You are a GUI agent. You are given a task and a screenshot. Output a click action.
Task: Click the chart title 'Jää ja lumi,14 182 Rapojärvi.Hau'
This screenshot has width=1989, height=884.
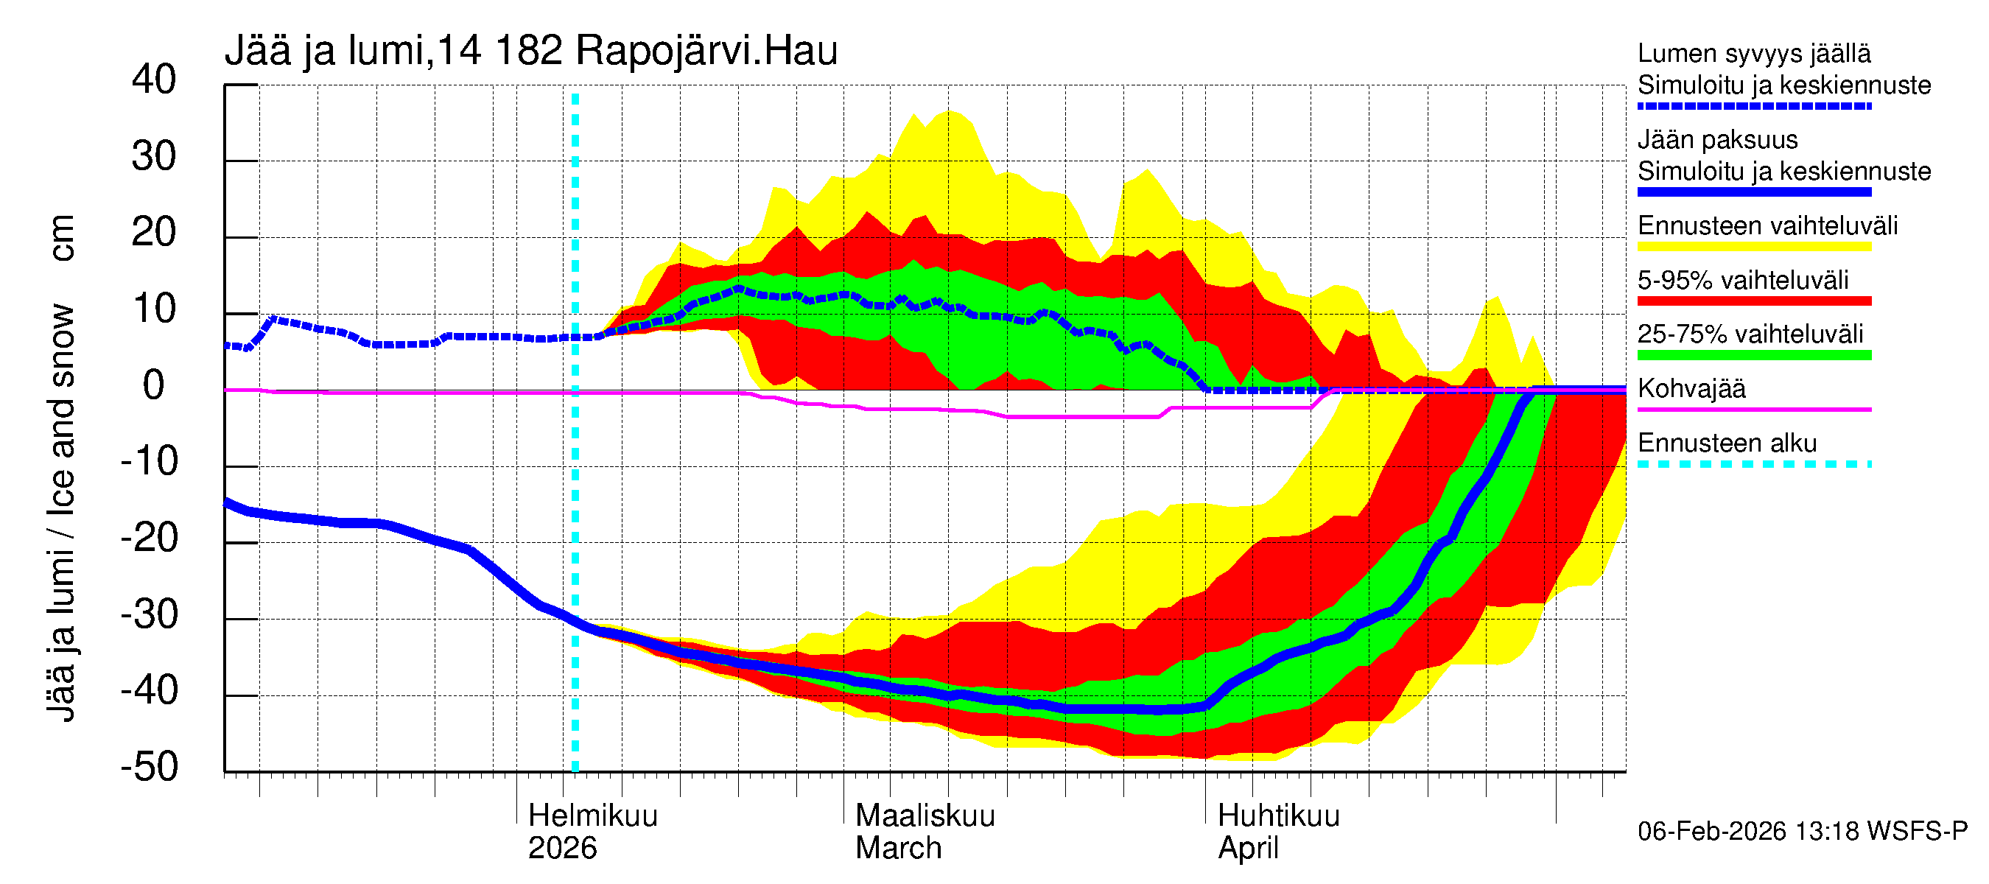pos(530,51)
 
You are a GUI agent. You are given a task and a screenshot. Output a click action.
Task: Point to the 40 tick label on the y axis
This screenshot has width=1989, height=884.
pos(154,80)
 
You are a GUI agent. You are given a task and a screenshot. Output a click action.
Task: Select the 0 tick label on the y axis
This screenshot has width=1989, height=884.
pos(154,385)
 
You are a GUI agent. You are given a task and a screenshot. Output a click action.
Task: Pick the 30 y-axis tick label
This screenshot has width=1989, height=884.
pos(154,157)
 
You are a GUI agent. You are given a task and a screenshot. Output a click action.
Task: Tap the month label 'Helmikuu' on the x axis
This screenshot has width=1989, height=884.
pos(592,816)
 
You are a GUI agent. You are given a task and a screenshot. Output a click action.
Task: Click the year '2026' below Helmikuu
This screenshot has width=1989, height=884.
pos(562,849)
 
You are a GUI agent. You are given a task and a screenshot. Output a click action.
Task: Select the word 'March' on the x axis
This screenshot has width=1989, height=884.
pos(898,849)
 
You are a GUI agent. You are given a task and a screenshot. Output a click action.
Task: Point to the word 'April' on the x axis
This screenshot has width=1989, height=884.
pos(1248,849)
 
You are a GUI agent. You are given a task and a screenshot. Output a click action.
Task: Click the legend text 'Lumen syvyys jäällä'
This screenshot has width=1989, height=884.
pos(1753,54)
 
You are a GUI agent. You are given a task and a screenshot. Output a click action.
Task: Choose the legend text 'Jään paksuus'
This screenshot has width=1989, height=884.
pos(1717,140)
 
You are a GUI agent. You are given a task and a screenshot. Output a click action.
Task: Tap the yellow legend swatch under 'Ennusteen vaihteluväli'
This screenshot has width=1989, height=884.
pos(1753,247)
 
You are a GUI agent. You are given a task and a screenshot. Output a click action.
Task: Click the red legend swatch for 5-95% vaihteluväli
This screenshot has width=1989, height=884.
pos(1753,301)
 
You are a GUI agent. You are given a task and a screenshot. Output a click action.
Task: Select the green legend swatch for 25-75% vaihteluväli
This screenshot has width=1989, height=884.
pos(1753,355)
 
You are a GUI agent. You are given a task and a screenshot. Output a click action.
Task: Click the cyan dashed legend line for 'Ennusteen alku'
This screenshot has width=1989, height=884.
pos(1753,464)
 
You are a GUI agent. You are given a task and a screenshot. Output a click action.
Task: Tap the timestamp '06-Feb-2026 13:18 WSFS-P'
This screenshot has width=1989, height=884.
pos(1802,832)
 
